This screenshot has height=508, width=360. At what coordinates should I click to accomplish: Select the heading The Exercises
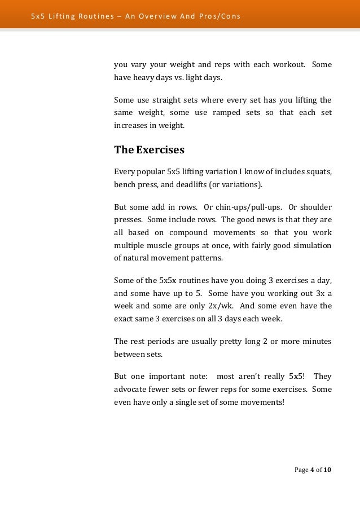click(x=150, y=151)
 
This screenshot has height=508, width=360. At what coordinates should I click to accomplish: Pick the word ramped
click(x=228, y=113)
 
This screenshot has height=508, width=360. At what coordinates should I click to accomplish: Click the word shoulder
click(x=313, y=207)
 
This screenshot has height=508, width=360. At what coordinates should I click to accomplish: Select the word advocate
click(x=131, y=388)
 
